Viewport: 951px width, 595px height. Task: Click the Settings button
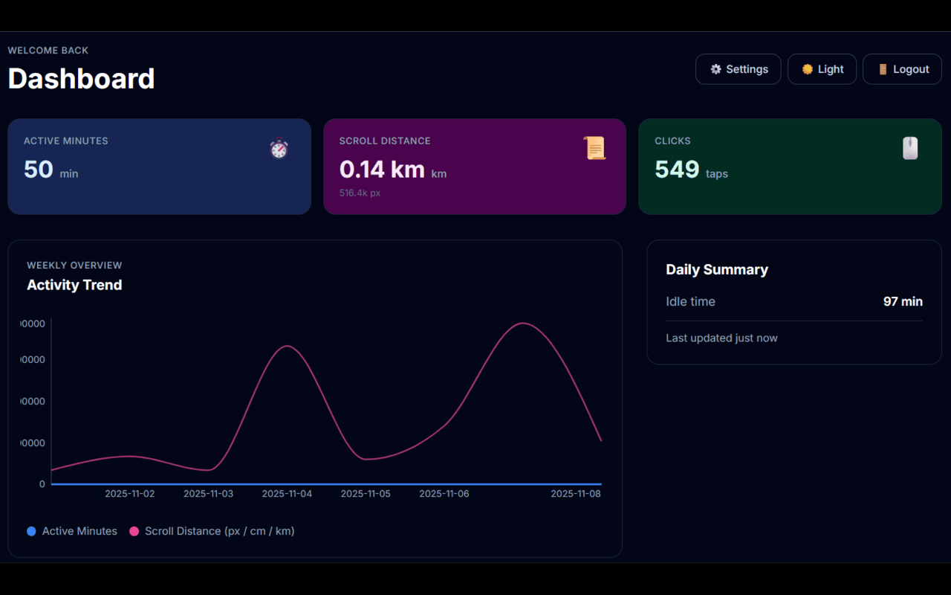pos(738,69)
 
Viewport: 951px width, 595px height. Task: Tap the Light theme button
pos(822,69)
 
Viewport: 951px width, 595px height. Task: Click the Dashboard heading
pos(81,79)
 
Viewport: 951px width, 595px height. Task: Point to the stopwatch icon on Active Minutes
pos(279,149)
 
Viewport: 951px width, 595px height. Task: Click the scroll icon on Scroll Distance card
pos(594,148)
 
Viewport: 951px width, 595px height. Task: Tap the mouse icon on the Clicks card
pos(910,148)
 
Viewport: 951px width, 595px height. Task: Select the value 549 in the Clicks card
pos(677,170)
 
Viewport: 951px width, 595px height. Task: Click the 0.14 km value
pos(382,170)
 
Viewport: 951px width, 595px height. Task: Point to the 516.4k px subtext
pos(360,193)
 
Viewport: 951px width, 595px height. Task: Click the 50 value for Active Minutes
pos(39,170)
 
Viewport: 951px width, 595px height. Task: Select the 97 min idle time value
pos(903,301)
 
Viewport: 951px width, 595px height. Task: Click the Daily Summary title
pos(717,269)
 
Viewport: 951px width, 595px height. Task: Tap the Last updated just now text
pos(721,338)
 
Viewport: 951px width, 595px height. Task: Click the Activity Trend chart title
pos(74,285)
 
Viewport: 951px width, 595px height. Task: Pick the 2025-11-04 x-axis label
pos(287,494)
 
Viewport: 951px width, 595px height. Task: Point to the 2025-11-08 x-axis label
pos(575,494)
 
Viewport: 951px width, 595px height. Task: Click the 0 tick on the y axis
pos(42,484)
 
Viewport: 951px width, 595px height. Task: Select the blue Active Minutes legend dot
pos(31,531)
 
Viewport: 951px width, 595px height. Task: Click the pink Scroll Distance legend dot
pos(134,531)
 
